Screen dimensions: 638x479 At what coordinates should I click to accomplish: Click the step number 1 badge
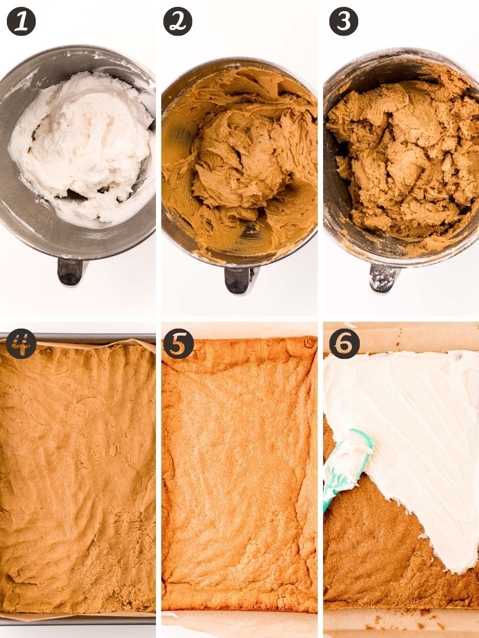point(21,21)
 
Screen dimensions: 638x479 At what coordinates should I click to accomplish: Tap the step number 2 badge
point(178,21)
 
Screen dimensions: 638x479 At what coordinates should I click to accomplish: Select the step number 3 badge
point(344,21)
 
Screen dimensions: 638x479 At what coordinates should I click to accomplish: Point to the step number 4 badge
point(21,344)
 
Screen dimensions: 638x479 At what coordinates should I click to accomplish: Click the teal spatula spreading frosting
point(346,463)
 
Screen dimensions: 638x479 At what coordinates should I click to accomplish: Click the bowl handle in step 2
point(238,279)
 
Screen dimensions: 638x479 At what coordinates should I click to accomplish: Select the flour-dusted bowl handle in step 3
point(384,276)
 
